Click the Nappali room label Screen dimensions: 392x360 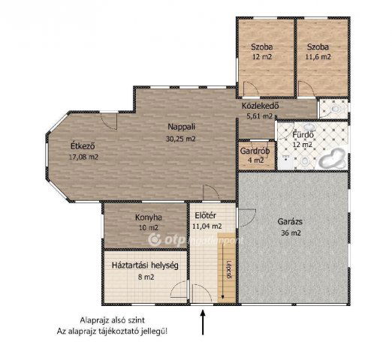[181, 127]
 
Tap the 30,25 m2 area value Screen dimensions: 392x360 [181, 139]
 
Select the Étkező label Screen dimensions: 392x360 [83, 145]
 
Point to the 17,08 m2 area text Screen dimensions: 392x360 [83, 157]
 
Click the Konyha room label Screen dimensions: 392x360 [149, 217]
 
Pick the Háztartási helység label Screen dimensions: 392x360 [145, 265]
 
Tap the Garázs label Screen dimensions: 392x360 [290, 221]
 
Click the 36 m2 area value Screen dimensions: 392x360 [291, 233]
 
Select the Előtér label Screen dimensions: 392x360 [205, 215]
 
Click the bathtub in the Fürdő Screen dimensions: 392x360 [332, 159]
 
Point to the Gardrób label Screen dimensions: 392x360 [255, 151]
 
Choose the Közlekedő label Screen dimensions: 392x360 [260, 106]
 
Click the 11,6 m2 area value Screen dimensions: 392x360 [318, 57]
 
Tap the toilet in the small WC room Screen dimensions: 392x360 [334, 109]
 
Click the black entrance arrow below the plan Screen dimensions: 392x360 [203, 322]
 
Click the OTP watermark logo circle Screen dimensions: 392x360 [155, 240]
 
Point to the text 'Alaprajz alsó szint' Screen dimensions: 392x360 [112, 320]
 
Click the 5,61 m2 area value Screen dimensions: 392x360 [259, 116]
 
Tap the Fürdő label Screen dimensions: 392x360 [303, 134]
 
